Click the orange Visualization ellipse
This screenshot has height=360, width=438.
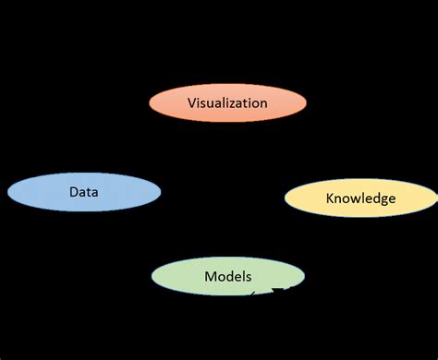pos(227,103)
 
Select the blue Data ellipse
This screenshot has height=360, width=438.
pos(84,192)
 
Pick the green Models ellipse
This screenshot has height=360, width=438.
pos(227,277)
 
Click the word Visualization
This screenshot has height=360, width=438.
pos(227,103)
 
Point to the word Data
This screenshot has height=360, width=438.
pos(84,192)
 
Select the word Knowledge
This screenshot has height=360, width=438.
pos(360,198)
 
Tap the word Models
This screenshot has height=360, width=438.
pos(227,276)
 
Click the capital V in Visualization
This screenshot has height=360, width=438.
pos(191,103)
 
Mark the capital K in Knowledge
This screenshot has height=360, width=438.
pos(330,198)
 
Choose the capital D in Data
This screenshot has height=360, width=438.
pos(73,192)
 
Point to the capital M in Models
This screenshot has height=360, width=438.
pos(209,276)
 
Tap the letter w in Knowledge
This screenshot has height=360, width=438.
pos(356,198)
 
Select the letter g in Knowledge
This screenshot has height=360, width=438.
pos(382,200)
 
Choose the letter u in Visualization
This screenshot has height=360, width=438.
pos(213,103)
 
